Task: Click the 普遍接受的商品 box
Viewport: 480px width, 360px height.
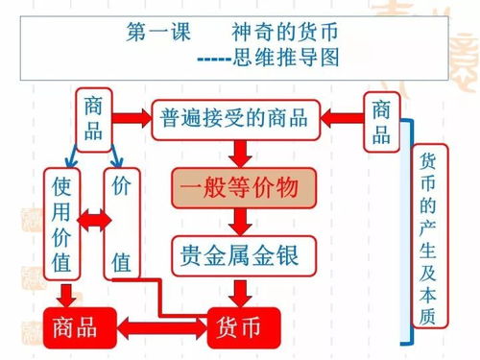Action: coord(235,118)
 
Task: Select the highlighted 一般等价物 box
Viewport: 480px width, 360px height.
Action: coord(244,186)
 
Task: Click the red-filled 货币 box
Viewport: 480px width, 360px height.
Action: coord(243,326)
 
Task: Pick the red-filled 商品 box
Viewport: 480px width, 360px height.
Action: coord(81,326)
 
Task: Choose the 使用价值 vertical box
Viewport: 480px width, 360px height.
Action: coord(61,223)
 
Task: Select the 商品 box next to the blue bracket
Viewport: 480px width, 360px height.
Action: coord(381,120)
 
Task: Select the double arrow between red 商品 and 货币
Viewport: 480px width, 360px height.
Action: coord(161,327)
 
